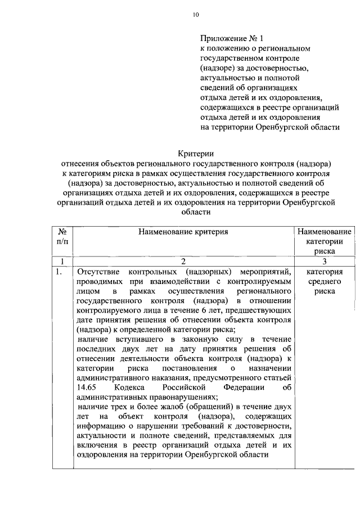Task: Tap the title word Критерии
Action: (196, 153)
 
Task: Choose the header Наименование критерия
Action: (182, 232)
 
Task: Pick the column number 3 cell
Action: (324, 261)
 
